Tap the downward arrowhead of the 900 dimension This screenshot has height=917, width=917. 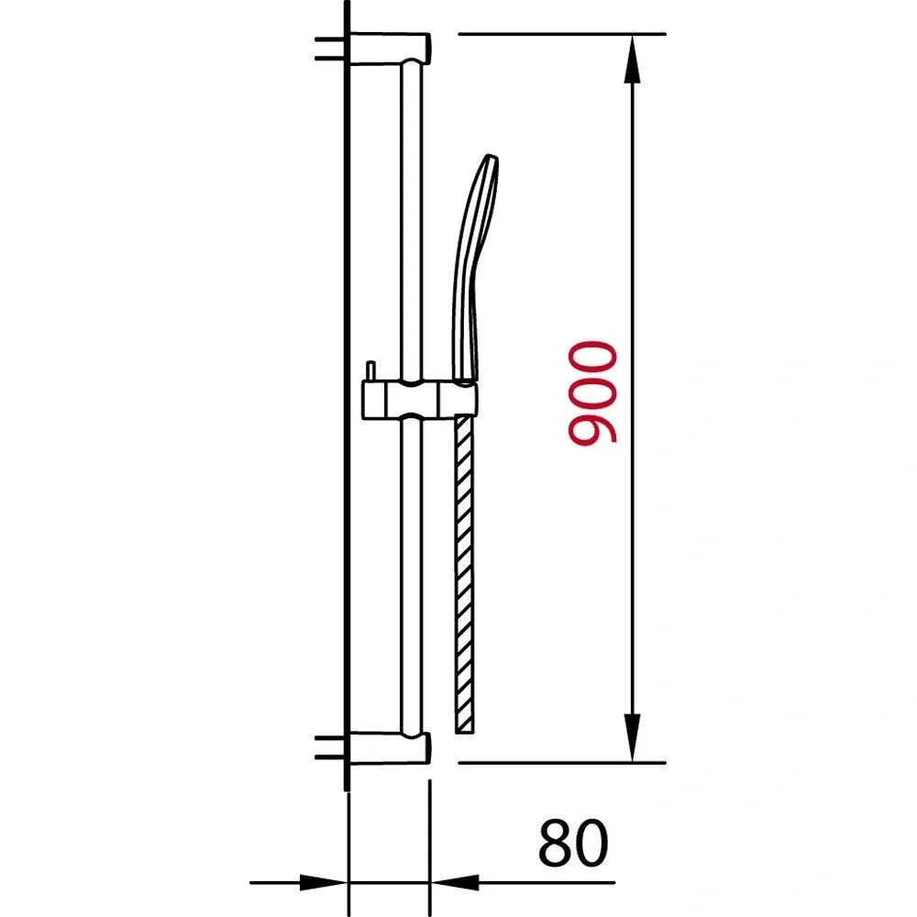click(x=633, y=738)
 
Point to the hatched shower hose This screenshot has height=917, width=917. click(x=464, y=569)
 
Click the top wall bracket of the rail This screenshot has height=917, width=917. click(x=390, y=48)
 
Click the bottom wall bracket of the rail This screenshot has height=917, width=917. click(x=390, y=748)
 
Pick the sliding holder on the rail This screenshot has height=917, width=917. click(x=417, y=398)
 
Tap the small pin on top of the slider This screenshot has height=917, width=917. click(x=369, y=370)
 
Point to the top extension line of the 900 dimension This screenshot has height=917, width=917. click(x=559, y=34)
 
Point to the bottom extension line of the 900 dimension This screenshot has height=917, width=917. click(x=559, y=762)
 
